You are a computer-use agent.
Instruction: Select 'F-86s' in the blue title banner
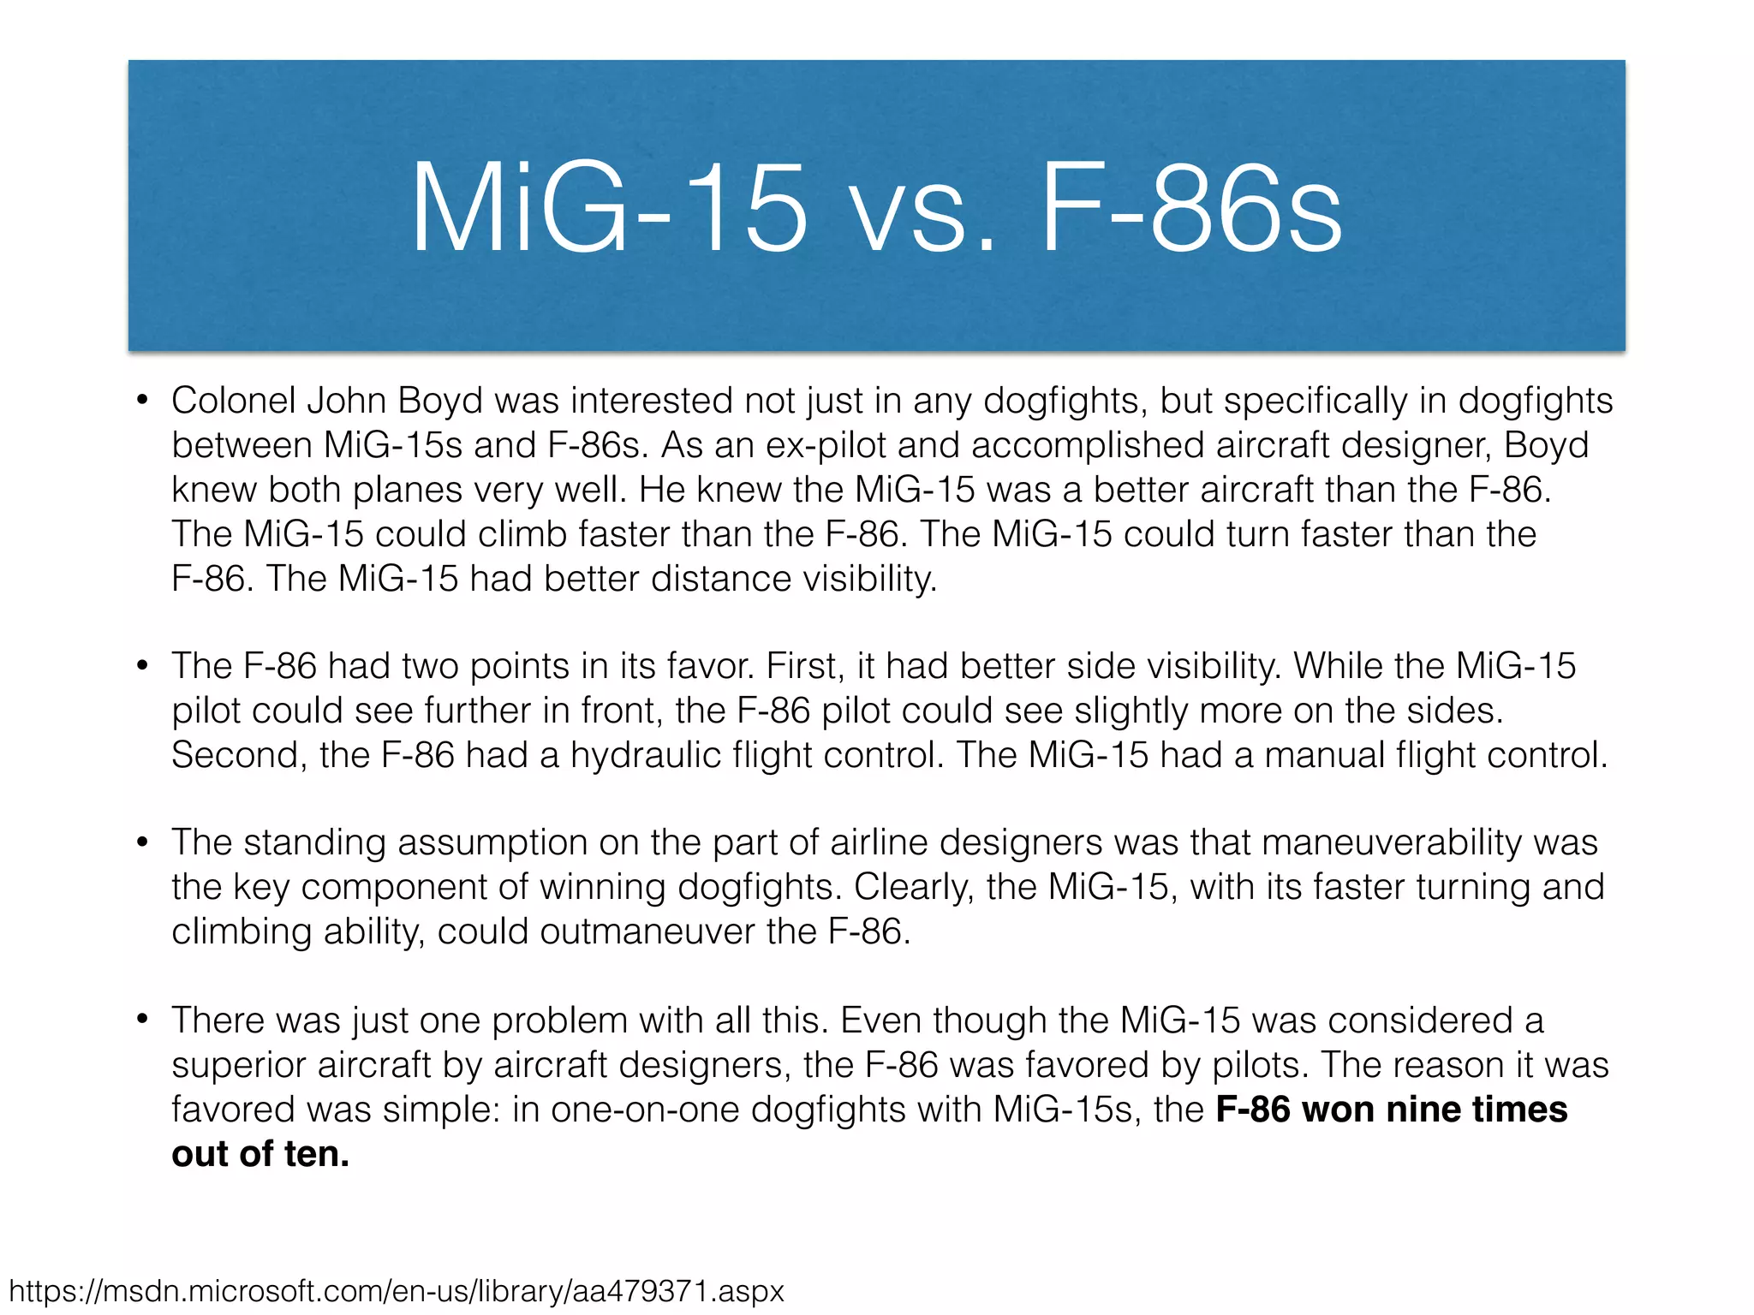click(x=1190, y=209)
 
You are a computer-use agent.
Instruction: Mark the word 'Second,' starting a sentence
click(x=239, y=755)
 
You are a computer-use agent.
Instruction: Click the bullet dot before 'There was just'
click(x=143, y=1019)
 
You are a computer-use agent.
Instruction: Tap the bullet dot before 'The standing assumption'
click(x=143, y=842)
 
